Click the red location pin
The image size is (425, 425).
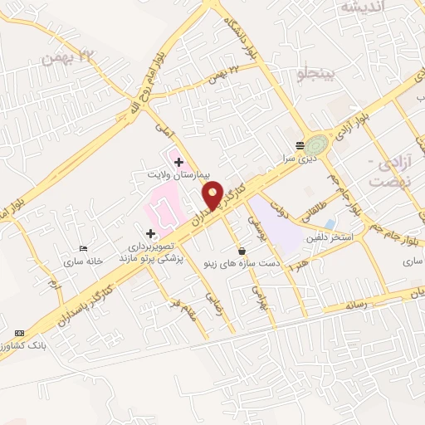pos(212,197)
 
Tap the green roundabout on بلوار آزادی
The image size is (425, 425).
pos(315,145)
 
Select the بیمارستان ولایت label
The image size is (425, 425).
pos(171,176)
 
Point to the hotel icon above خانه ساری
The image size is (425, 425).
pos(82,248)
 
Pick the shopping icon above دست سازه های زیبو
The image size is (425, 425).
pos(242,251)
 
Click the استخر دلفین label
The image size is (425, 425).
pos(332,239)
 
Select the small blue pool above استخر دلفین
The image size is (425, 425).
pos(330,224)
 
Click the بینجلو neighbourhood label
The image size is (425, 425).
pos(315,77)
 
